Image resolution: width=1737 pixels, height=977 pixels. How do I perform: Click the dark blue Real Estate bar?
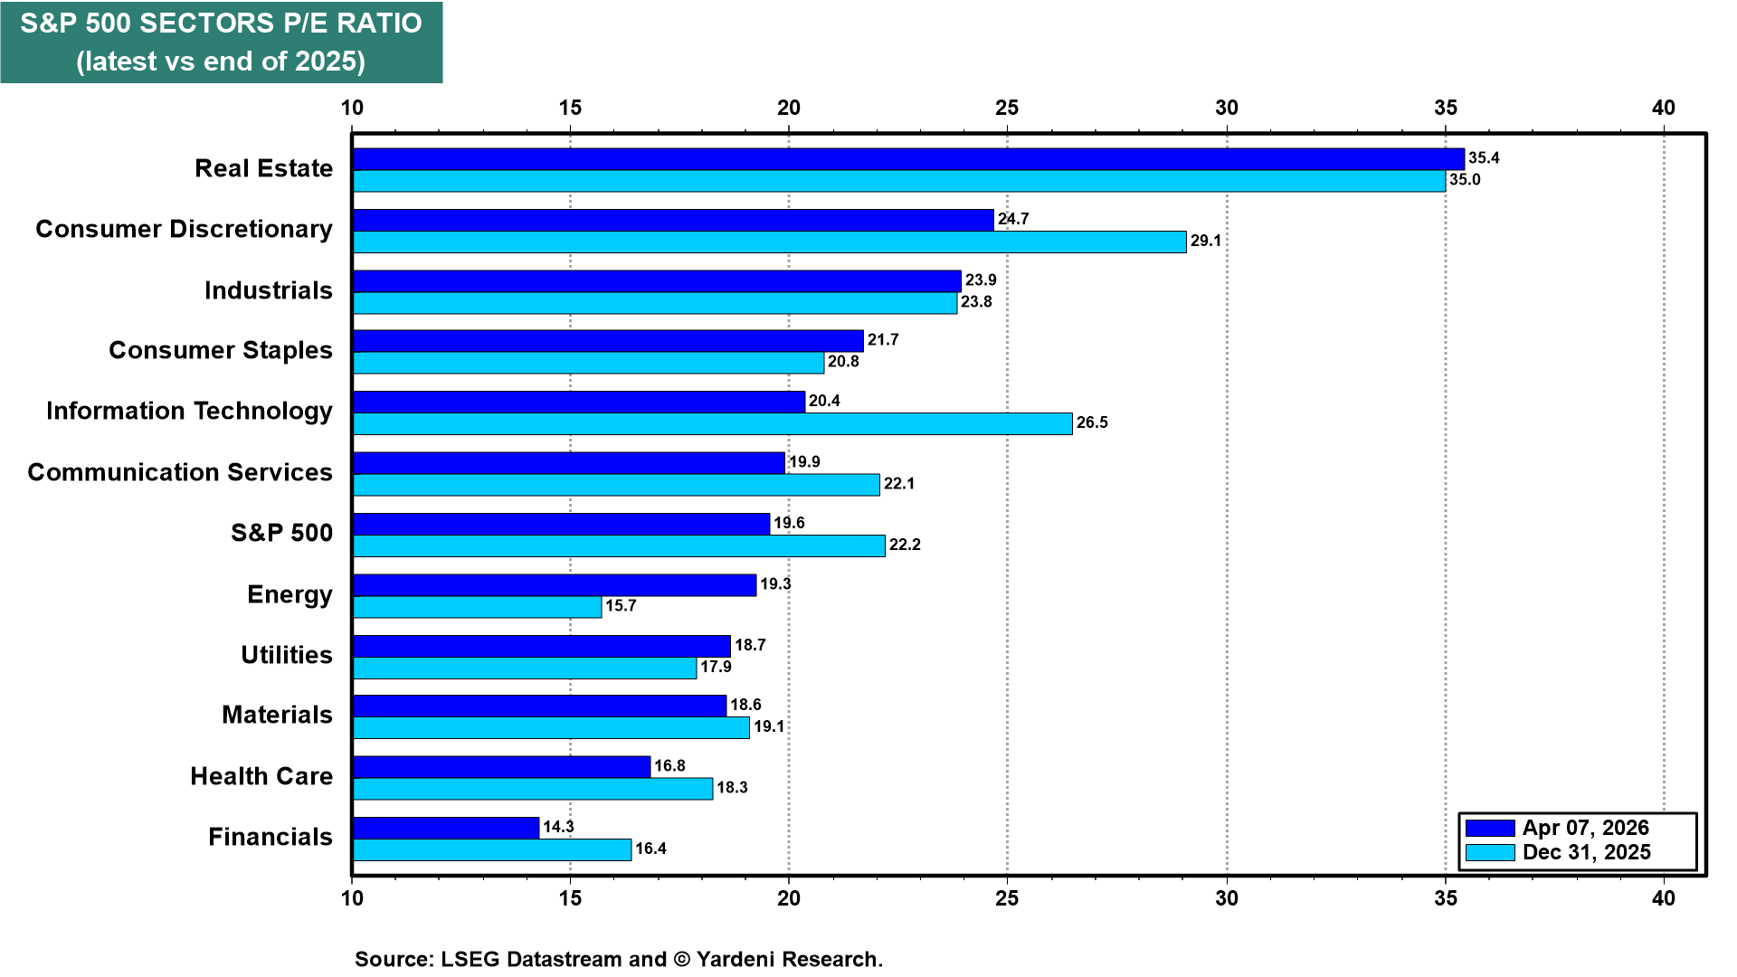tap(908, 159)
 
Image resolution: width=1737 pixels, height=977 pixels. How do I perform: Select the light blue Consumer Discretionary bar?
tap(769, 242)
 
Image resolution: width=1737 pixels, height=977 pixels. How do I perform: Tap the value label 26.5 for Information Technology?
tap(1092, 422)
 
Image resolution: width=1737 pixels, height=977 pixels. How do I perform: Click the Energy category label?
tap(289, 594)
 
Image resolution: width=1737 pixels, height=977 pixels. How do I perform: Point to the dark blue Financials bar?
tap(446, 828)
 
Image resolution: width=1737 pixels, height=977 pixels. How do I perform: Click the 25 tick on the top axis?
tap(1007, 108)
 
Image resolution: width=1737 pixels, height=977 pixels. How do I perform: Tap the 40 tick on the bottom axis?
tap(1663, 898)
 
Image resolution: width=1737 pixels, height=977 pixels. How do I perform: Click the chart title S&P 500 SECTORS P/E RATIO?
tap(221, 24)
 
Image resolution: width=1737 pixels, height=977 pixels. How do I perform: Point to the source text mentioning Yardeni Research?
tap(618, 959)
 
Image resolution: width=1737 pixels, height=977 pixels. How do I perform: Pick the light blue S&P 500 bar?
tap(619, 545)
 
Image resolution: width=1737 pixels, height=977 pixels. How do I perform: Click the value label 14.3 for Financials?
tap(558, 827)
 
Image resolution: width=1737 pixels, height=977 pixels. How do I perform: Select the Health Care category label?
tap(261, 776)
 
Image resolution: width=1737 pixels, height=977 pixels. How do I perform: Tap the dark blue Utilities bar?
tap(541, 646)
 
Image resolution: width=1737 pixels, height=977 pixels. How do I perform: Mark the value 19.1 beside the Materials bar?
tap(769, 726)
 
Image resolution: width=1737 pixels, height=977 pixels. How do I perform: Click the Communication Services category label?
tap(180, 472)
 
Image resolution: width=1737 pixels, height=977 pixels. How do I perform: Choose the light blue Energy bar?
tap(477, 607)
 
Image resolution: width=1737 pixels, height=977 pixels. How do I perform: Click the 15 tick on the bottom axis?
tap(570, 898)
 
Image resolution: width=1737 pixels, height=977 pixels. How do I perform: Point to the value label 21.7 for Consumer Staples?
tap(883, 339)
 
